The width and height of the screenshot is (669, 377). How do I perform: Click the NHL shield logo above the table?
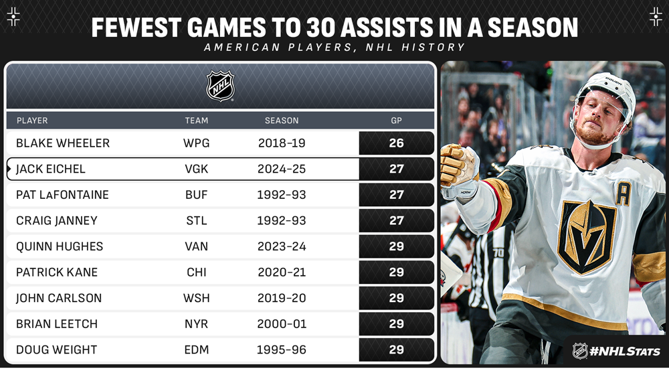pos(220,86)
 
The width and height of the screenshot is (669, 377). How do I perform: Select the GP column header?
pos(396,121)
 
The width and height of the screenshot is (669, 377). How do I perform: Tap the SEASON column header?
pos(282,121)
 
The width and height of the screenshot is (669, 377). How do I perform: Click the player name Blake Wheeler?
pos(63,143)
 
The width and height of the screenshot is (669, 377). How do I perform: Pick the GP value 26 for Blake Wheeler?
pos(396,143)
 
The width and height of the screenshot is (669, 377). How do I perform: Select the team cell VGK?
pos(196,169)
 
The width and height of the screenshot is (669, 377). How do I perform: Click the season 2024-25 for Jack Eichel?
pos(282,169)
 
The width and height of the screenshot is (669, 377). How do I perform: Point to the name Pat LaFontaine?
pos(62,195)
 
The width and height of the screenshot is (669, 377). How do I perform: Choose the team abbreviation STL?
pos(196,220)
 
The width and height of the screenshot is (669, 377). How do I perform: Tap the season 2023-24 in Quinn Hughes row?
pos(282,246)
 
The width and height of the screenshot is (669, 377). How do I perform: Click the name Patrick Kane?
pos(57,272)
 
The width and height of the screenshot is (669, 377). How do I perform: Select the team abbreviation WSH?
pos(196,298)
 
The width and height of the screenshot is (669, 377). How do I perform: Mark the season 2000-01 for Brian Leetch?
pos(282,323)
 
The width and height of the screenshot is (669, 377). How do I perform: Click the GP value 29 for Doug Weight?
pos(396,350)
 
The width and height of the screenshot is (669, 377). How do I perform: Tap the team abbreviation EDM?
pos(196,350)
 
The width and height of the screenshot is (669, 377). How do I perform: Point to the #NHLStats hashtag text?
pos(626,351)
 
